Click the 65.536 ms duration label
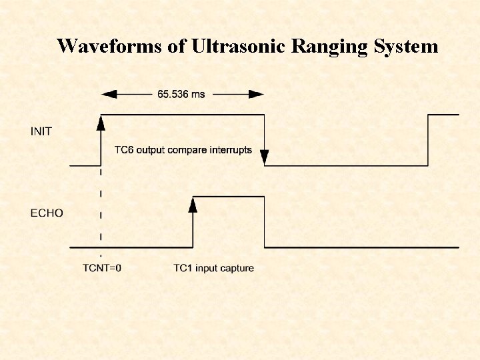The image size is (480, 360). [181, 94]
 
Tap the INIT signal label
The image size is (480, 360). [41, 131]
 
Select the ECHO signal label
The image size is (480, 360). [47, 213]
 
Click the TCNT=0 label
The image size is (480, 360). [101, 268]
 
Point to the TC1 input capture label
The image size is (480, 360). [213, 268]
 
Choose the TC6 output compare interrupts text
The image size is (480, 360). [183, 150]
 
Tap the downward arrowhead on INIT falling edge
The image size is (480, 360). [264, 158]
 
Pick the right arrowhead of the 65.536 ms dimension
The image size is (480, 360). [258, 94]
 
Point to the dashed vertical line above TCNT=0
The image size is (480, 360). [101, 213]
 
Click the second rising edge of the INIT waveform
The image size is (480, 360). [428, 140]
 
